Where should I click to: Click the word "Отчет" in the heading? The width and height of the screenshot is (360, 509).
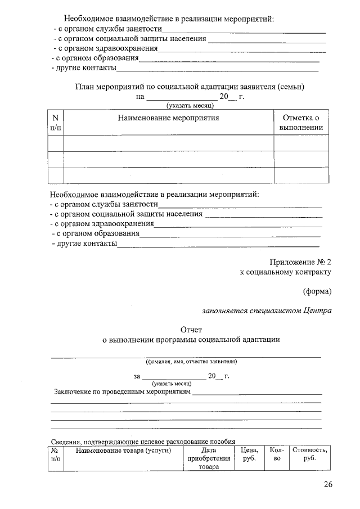[190, 329]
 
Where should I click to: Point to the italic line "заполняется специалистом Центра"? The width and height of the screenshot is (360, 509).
[267, 310]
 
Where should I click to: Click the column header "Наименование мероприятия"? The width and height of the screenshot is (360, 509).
[168, 118]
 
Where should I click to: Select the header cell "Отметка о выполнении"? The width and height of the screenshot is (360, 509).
[301, 123]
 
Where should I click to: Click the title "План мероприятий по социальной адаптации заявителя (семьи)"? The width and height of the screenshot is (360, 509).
[190, 87]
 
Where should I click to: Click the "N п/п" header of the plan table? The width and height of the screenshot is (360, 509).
[56, 123]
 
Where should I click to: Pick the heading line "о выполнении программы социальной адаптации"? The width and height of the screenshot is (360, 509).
[190, 340]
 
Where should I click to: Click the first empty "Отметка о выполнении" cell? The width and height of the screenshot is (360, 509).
[301, 143]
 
